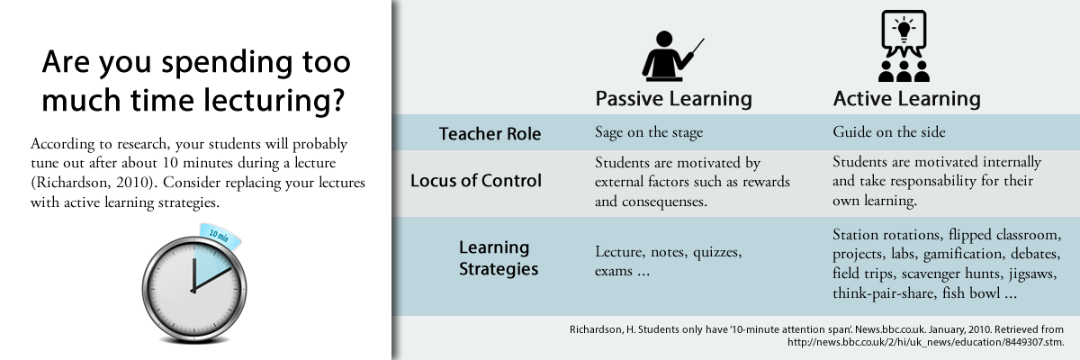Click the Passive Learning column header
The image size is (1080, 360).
coord(673,98)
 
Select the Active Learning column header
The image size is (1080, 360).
coord(906,98)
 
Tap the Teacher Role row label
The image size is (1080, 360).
coord(490,134)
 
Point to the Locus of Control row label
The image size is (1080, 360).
coord(476,181)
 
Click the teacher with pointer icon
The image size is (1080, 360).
coord(670,56)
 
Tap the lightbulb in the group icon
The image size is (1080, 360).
coord(904,27)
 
